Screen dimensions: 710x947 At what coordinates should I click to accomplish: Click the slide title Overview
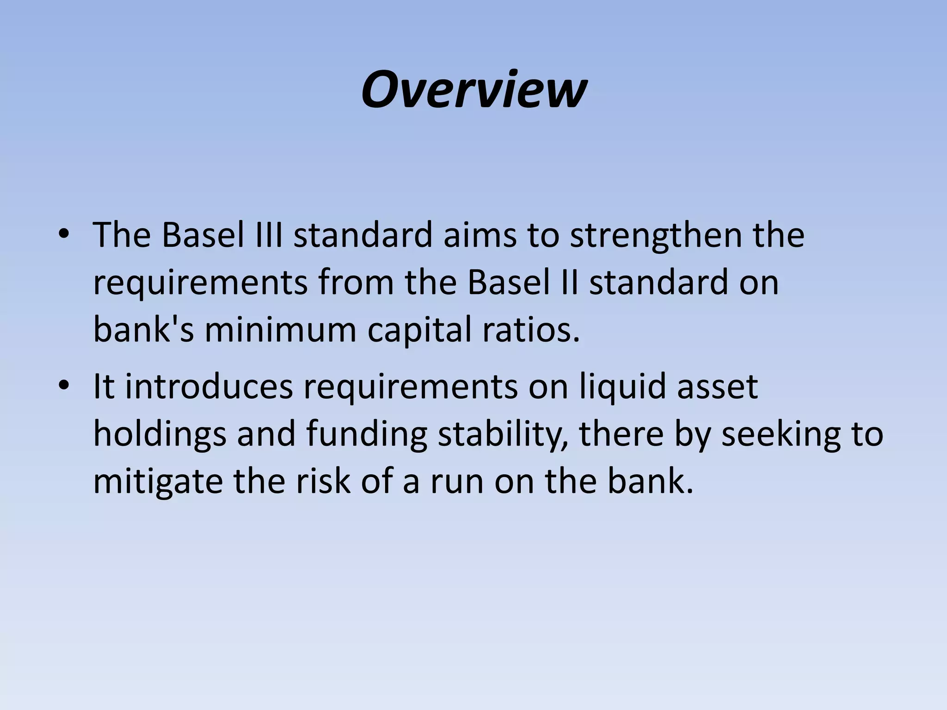pos(473,89)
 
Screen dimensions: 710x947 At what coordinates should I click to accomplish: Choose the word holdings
pos(160,435)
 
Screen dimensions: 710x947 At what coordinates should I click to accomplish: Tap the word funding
pos(366,435)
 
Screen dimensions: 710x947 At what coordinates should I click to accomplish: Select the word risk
pos(323,481)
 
